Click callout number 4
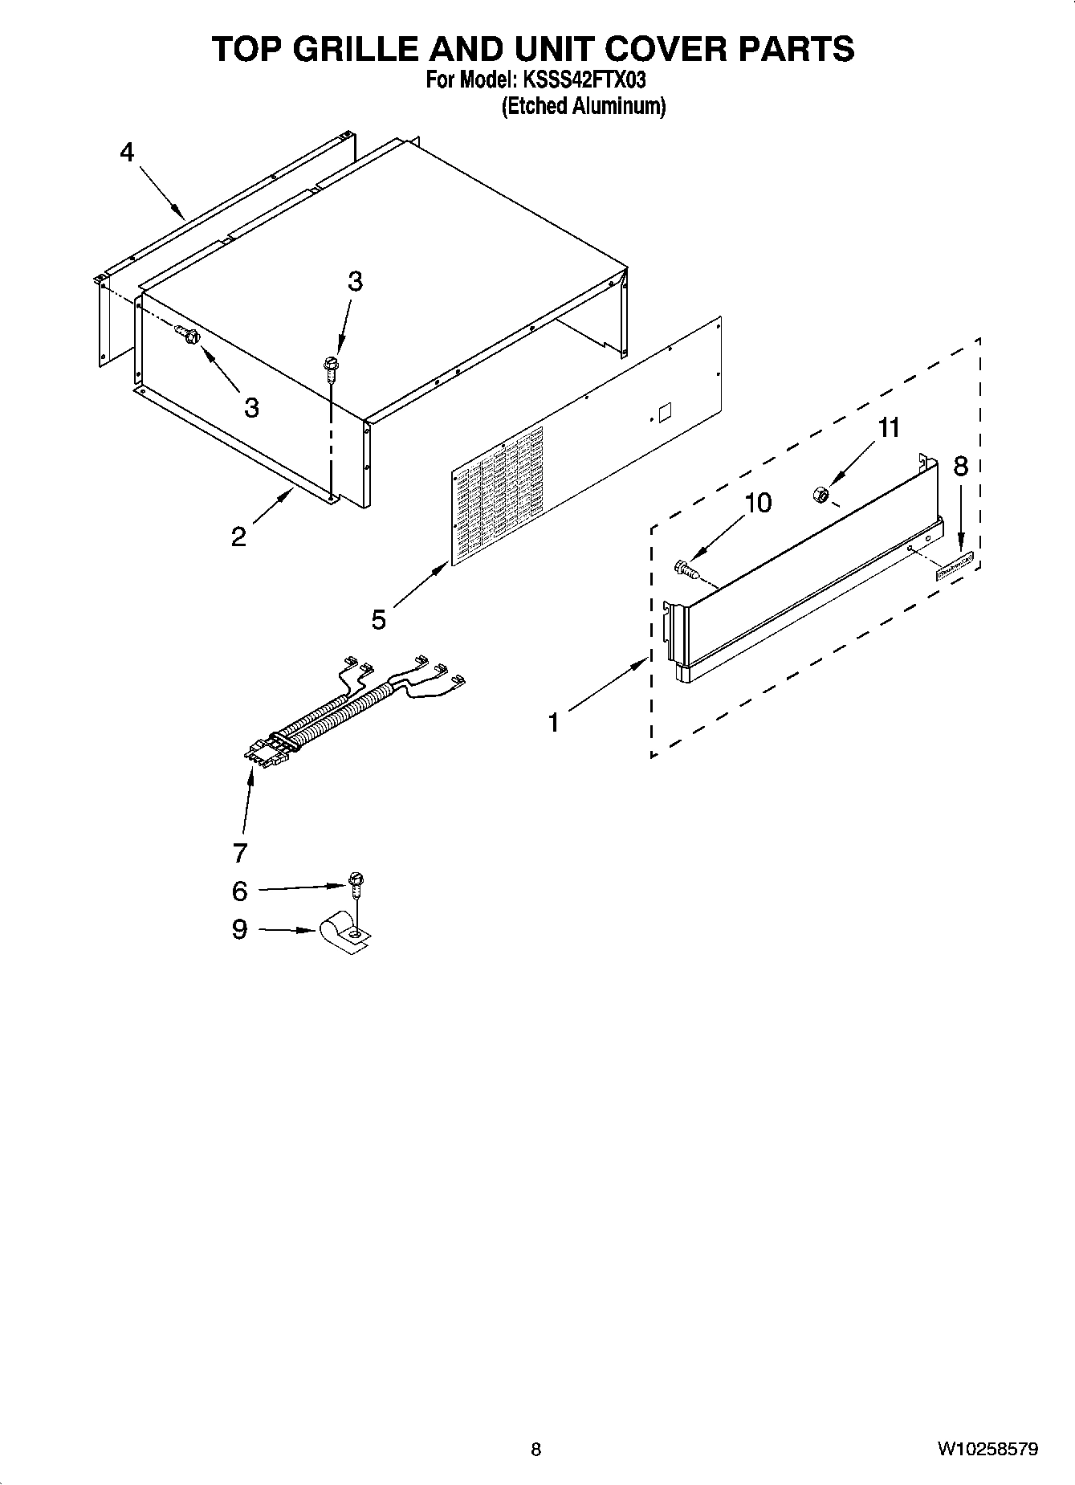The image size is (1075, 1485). tap(127, 152)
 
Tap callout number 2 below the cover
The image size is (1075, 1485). tap(238, 536)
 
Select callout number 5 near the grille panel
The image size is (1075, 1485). tap(379, 619)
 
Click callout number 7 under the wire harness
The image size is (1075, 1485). tap(239, 851)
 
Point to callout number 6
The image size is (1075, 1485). tap(239, 891)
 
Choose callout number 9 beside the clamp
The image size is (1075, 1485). tap(239, 929)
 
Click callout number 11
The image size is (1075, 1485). tap(888, 428)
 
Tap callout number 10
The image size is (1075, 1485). tap(758, 503)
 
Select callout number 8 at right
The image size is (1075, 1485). tap(960, 466)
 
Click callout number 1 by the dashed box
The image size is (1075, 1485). tap(554, 722)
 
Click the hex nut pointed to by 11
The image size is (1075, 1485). tap(821, 495)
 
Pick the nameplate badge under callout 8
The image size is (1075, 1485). tap(955, 566)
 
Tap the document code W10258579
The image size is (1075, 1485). tap(987, 1450)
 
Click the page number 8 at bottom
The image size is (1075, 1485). tap(536, 1450)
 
